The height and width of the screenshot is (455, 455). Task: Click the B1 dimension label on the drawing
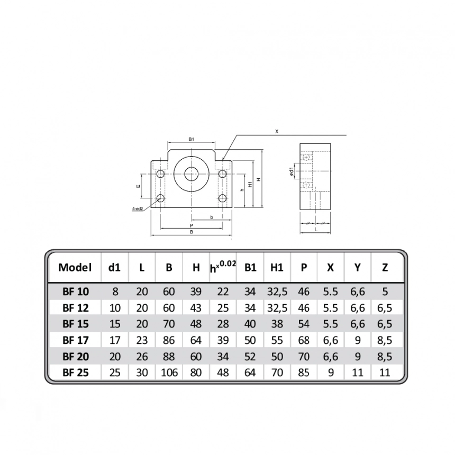tap(191, 139)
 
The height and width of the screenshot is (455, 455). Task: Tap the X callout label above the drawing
tap(277, 131)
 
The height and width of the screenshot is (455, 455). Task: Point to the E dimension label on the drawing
tap(138, 186)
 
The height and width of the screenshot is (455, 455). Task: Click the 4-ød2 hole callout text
tap(139, 209)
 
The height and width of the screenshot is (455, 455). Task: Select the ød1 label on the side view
tap(292, 172)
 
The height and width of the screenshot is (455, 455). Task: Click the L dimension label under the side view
tap(315, 230)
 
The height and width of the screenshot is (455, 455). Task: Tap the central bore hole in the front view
tap(191, 172)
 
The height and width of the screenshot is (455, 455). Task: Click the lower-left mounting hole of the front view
tap(160, 198)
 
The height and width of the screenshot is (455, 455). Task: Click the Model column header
tap(75, 267)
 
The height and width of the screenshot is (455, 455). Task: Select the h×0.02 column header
tap(223, 267)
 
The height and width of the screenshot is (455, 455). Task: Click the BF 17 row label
tap(75, 340)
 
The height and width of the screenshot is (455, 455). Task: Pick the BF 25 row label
tap(75, 372)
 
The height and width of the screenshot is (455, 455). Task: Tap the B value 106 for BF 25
tap(169, 372)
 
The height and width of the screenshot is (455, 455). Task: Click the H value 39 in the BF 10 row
tap(196, 291)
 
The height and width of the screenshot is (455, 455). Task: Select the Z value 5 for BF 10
tap(385, 291)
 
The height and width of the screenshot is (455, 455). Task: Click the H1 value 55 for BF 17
tap(276, 340)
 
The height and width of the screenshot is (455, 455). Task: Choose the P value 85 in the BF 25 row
tap(303, 372)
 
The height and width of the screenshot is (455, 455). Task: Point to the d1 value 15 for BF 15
tap(115, 323)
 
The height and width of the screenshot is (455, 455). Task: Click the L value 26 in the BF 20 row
tap(142, 356)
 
